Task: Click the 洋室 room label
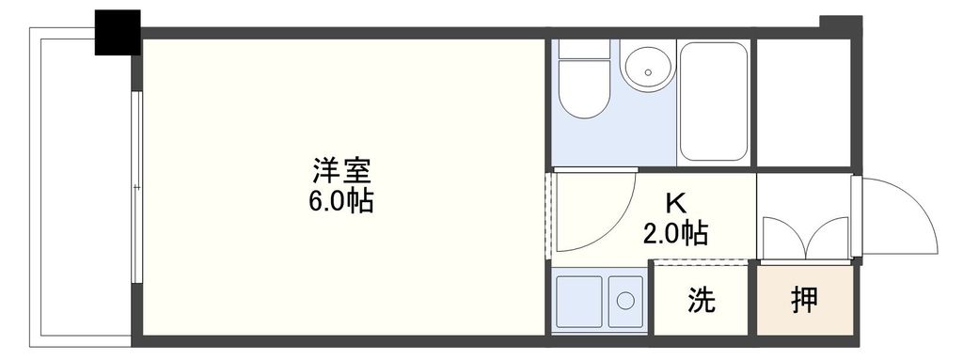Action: coord(342,172)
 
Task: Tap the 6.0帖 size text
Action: coord(341,200)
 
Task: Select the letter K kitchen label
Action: coord(674,203)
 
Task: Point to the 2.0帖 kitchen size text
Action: coord(675,232)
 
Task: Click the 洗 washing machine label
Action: coord(701,301)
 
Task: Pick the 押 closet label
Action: coord(804,301)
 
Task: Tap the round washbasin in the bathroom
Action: coord(646,68)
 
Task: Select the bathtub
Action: coord(714,102)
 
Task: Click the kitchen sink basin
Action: coord(579,301)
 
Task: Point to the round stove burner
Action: coord(625,302)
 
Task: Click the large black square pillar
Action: coord(118,33)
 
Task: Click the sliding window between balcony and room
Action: coord(137,188)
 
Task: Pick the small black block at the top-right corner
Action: coord(840,23)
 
